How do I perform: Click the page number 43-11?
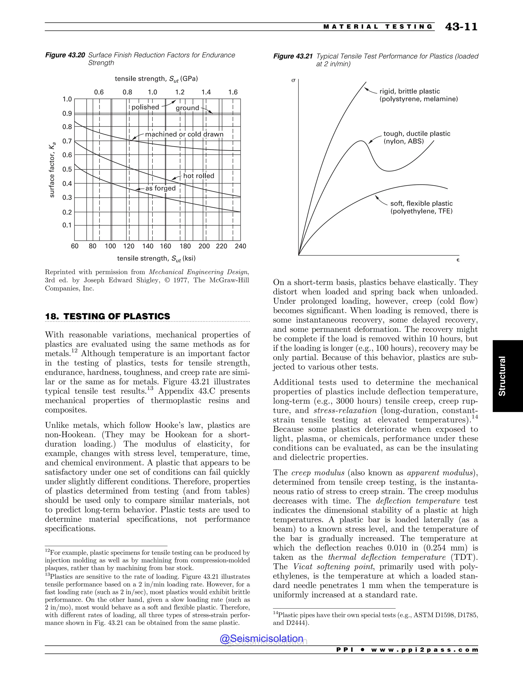pos(461,27)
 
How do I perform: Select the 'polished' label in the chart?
pos(145,107)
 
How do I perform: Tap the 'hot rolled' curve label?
pos(199,176)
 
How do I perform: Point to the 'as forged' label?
pos(160,188)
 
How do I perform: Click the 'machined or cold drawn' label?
pos(184,134)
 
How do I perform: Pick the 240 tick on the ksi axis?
pos(240,246)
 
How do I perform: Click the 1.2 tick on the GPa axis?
pos(180,92)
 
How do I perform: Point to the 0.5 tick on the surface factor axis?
pos(67,169)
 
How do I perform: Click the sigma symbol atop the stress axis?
pos(293,80)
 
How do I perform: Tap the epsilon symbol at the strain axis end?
pos(458,260)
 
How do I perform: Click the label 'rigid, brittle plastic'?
pos(409,91)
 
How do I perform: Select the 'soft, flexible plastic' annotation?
pos(421,204)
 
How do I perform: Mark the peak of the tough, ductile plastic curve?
pos(362,141)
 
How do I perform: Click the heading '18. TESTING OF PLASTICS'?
pos(108,316)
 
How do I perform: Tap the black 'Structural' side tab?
pos(507,376)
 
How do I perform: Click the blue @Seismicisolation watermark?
pos(261,638)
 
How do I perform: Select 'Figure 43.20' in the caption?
pos(65,55)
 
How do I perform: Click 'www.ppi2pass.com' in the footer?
pos(424,650)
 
